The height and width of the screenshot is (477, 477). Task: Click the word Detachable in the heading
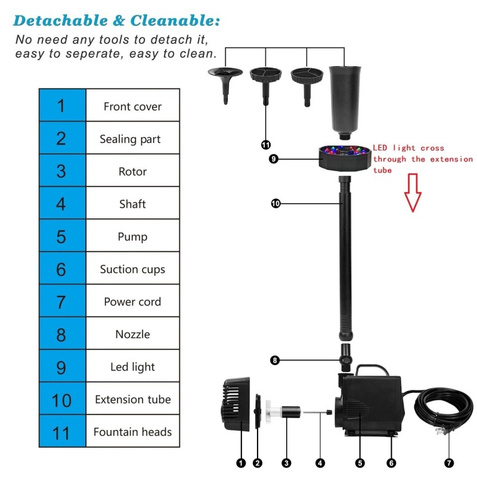(x=61, y=21)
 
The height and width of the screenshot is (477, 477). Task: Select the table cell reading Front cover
(x=132, y=106)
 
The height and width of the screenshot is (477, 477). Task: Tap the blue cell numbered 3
(x=63, y=171)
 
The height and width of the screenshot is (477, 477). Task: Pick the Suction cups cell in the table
(x=132, y=268)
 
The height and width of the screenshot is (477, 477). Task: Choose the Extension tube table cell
(x=132, y=398)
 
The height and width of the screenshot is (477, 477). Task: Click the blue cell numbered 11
(x=63, y=431)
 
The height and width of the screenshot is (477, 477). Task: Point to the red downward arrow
(x=413, y=193)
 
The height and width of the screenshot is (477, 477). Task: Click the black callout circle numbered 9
(x=274, y=159)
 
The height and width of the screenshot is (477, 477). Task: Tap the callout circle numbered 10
(x=275, y=203)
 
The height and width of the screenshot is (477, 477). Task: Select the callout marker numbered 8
(x=275, y=361)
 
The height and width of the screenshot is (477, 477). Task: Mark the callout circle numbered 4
(x=320, y=463)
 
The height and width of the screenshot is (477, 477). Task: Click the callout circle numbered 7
(x=449, y=463)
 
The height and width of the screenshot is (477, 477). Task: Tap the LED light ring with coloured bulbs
(x=345, y=158)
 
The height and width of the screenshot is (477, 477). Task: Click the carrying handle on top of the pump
(x=373, y=369)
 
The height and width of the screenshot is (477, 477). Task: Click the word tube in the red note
(x=382, y=170)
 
